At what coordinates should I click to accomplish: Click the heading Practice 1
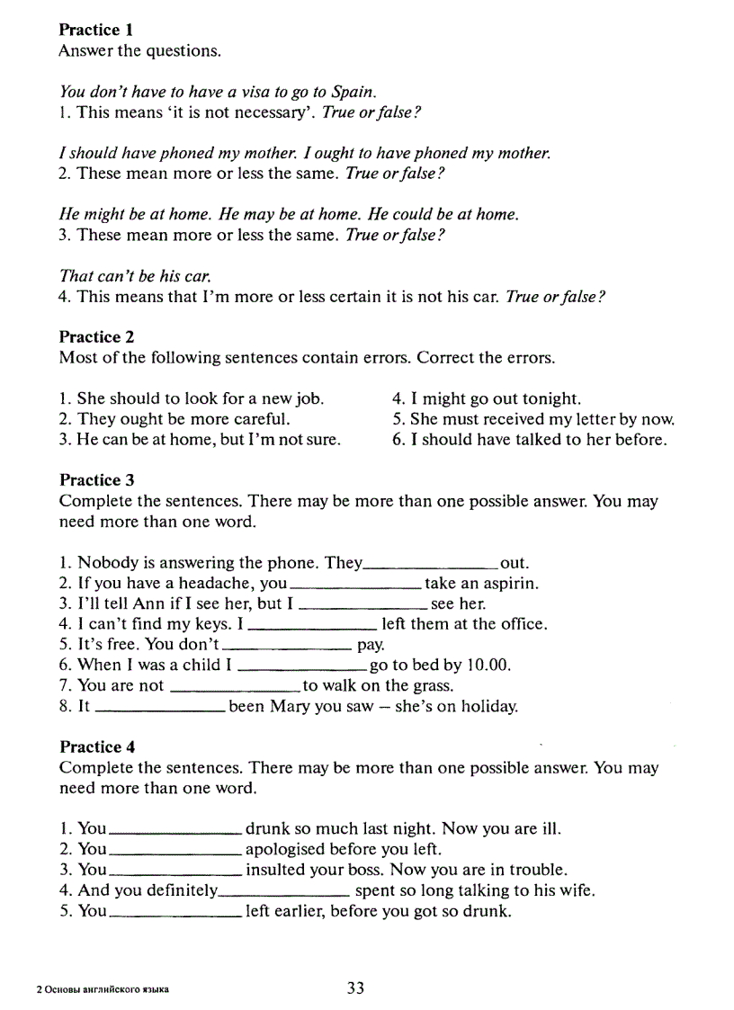(96, 30)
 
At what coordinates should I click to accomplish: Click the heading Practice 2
(96, 336)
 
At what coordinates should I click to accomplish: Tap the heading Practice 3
(96, 479)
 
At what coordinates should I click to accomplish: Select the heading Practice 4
(96, 746)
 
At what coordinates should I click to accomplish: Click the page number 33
(355, 988)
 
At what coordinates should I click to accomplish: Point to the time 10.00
(488, 666)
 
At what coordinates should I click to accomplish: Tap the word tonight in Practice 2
(549, 398)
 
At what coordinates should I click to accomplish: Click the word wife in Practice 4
(576, 890)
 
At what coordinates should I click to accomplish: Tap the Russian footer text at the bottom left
(103, 990)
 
